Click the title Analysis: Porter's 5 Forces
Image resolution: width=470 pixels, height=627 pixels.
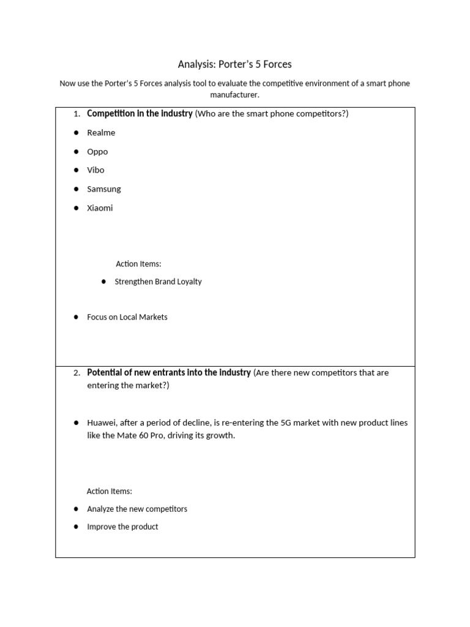(235, 64)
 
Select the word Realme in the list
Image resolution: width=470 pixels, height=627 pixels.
(101, 133)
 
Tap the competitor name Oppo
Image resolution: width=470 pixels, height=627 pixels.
(97, 152)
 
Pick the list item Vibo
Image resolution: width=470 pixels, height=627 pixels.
(95, 170)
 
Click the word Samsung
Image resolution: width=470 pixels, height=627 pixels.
(104, 189)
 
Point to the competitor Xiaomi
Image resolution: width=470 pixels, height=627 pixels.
(100, 208)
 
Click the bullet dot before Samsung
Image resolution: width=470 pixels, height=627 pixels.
(76, 189)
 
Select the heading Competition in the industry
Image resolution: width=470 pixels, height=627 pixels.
(140, 114)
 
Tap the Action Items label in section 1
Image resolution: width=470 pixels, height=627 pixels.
(138, 264)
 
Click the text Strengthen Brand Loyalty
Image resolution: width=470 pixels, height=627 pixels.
(158, 282)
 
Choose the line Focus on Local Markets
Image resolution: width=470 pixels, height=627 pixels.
(127, 317)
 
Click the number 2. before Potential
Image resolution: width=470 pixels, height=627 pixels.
(76, 373)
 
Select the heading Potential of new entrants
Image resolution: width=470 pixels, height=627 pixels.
(169, 372)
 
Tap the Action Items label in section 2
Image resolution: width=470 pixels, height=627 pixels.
(110, 491)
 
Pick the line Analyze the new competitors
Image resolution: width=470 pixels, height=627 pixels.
(137, 509)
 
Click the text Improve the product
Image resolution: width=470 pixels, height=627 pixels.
(122, 527)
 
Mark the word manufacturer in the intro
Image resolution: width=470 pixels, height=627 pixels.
(235, 95)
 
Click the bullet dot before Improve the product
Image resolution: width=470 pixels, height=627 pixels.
(76, 527)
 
